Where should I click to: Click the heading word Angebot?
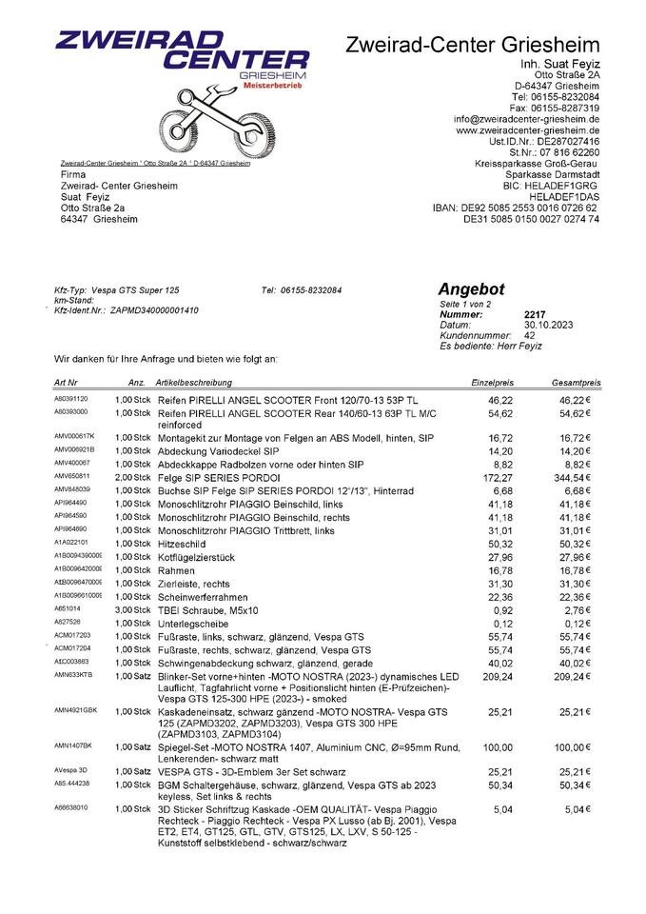coord(471,289)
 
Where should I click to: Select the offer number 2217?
coord(536,313)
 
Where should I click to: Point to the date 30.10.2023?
coord(550,325)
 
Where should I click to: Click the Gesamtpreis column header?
coord(576,381)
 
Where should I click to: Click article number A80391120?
coord(71,399)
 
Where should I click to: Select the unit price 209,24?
coord(499,675)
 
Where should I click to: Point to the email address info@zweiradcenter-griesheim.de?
coord(526,119)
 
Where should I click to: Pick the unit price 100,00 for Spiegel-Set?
coord(498,746)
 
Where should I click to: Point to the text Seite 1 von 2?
coord(465,303)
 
